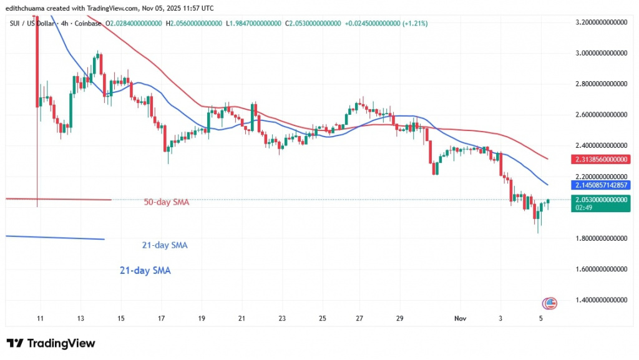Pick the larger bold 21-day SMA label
pyautogui.click(x=145, y=271)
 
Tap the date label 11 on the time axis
pyautogui.click(x=39, y=318)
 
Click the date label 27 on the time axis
pyautogui.click(x=360, y=318)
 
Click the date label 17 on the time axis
pyautogui.click(x=161, y=318)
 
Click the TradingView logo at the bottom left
pyautogui.click(x=51, y=343)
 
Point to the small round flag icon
pyautogui.click(x=550, y=303)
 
